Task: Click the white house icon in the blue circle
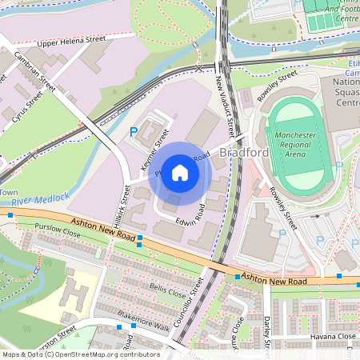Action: [x=180, y=173]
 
